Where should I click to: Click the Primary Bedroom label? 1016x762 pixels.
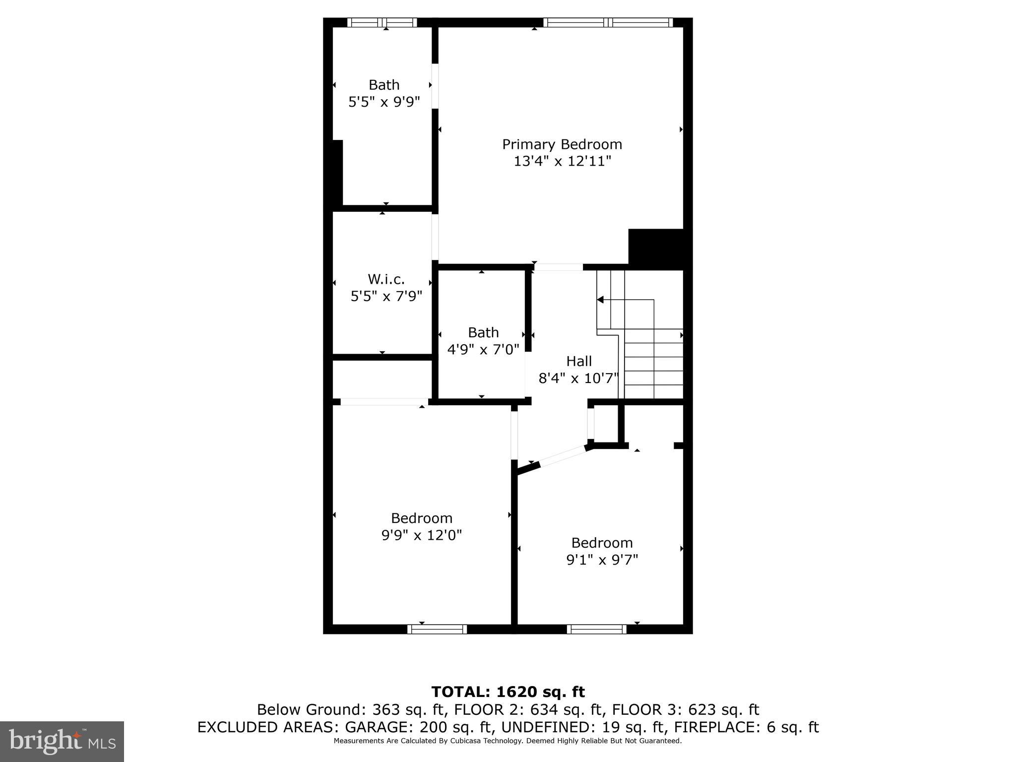point(562,144)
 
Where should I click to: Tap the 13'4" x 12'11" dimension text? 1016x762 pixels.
point(562,161)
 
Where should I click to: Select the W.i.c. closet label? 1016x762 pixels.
point(386,279)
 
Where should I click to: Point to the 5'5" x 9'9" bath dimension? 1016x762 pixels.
point(384,102)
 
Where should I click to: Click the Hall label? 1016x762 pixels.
point(579,361)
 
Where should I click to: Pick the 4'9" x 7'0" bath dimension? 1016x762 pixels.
point(483,349)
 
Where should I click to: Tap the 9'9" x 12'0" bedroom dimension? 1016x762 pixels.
point(422,535)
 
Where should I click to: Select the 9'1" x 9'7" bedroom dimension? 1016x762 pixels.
point(602,560)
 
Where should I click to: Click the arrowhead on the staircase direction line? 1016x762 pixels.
point(600,300)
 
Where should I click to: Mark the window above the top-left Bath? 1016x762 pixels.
point(381,22)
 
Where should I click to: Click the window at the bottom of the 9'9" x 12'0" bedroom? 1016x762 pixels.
point(437,629)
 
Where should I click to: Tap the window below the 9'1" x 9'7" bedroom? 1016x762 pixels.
point(597,629)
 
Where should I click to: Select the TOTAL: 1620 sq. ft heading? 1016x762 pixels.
point(508,692)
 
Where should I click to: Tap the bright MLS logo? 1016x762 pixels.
point(62,741)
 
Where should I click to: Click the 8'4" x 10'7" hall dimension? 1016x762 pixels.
point(579,379)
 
